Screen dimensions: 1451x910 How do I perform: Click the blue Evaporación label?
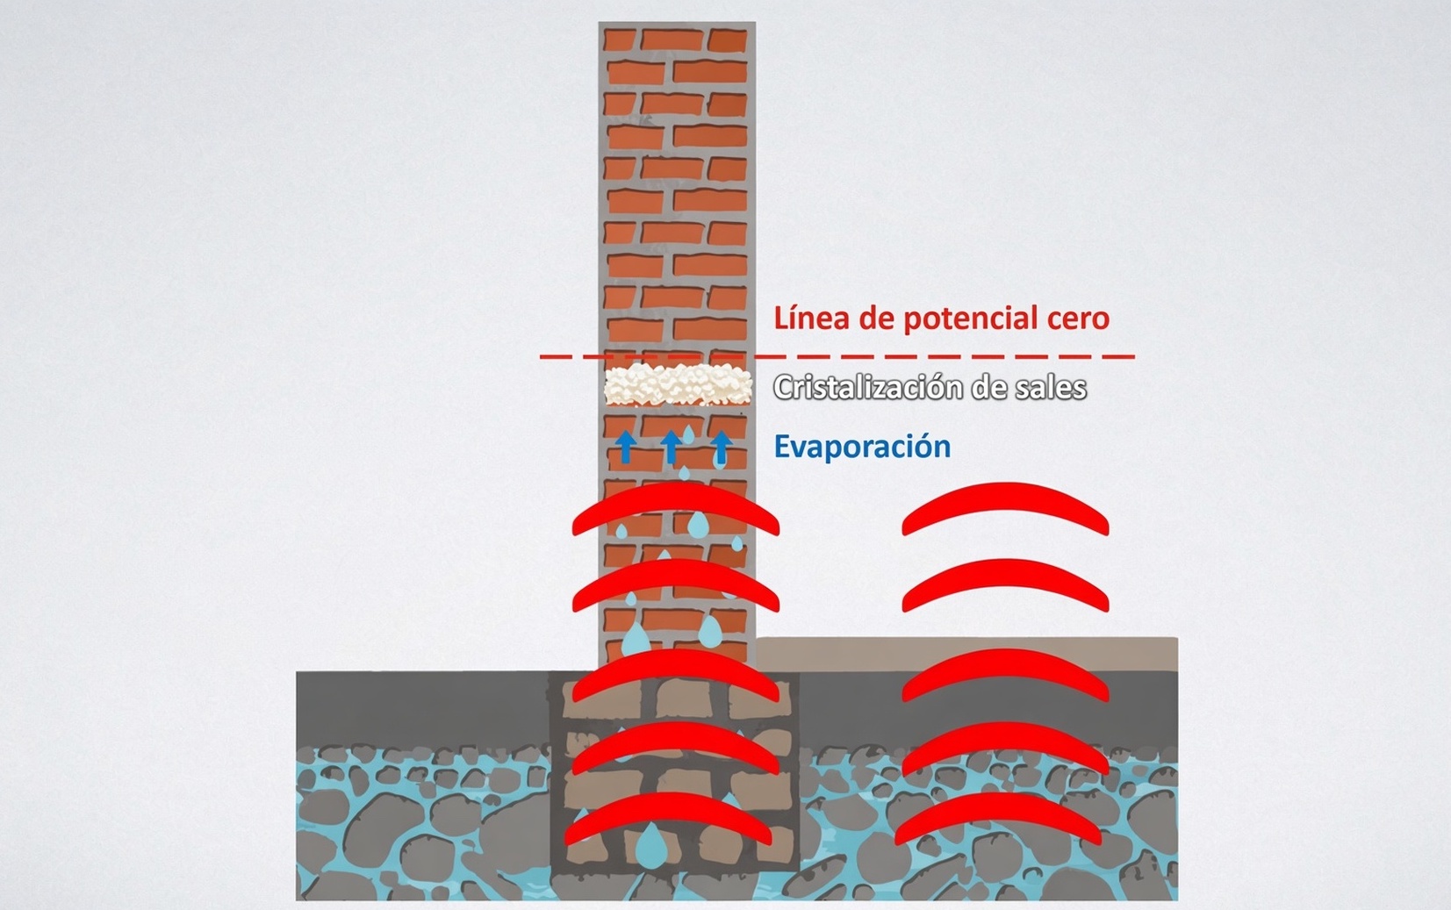pyautogui.click(x=862, y=447)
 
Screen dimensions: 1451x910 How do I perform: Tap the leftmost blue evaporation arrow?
pyautogui.click(x=625, y=447)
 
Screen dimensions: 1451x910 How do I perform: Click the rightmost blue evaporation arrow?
pyautogui.click(x=722, y=447)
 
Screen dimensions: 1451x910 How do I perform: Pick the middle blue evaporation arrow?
pyautogui.click(x=672, y=447)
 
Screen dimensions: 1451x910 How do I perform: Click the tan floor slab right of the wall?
pyautogui.click(x=966, y=654)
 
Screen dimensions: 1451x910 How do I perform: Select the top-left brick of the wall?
pyautogui.click(x=620, y=39)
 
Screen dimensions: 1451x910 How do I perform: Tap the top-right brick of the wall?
pyautogui.click(x=727, y=40)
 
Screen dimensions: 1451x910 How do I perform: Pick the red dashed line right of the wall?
pyautogui.click(x=945, y=356)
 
